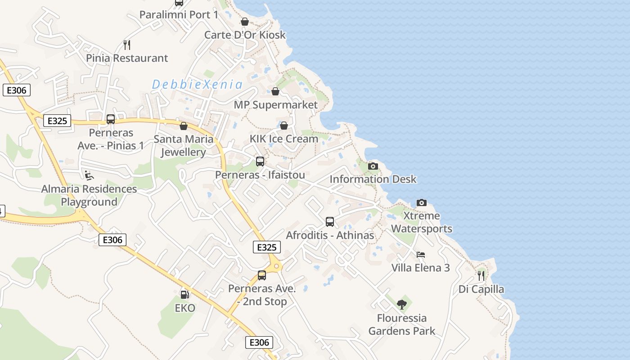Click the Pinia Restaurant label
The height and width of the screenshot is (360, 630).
coord(127,58)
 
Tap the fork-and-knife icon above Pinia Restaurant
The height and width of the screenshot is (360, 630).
coord(127,45)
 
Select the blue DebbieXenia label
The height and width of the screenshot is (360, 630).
coord(197,84)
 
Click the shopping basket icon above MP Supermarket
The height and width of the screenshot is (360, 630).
coord(275,92)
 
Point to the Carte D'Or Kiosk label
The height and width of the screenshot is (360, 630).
coord(245,35)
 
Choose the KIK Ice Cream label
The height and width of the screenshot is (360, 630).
coord(284,139)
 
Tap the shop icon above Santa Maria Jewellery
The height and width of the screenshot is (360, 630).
coord(183,126)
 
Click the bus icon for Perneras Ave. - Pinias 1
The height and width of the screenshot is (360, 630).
coord(111,119)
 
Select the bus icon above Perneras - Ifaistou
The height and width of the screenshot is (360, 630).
coord(260,162)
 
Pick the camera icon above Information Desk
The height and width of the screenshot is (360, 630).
coord(373,166)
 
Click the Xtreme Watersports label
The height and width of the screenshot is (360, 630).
coord(421,222)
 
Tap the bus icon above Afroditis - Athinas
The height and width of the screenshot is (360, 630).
coord(330,222)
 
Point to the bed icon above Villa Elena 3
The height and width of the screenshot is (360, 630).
coord(421,255)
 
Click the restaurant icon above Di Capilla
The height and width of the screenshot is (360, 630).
coord(481,275)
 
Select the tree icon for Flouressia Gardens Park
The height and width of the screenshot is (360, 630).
coord(402,305)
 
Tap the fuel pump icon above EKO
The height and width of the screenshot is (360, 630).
coord(184,295)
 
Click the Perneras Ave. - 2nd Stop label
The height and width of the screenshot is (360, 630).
coord(262,295)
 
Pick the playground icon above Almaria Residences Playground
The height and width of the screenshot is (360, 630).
coord(89,175)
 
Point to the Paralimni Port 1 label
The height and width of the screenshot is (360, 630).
coord(179,14)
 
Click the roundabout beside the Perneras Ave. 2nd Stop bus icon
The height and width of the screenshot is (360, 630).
coord(276,266)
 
